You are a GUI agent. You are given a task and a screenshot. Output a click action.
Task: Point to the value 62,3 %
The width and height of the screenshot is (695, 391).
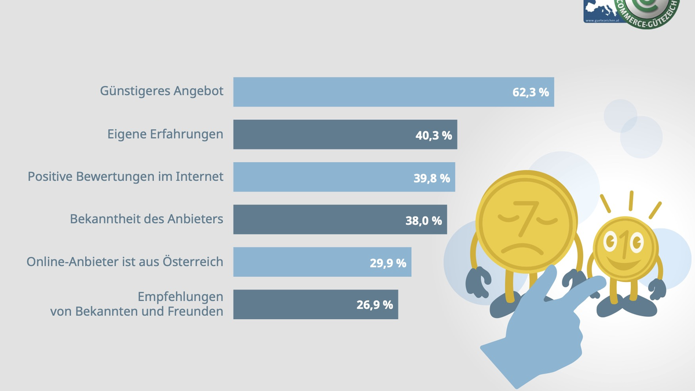[x=531, y=92]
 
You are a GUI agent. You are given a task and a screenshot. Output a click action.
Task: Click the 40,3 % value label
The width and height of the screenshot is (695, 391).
[x=433, y=135]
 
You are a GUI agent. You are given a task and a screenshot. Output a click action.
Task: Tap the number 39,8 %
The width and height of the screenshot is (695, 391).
[x=431, y=178]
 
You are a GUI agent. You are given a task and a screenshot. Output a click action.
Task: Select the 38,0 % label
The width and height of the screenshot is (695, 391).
[x=423, y=220]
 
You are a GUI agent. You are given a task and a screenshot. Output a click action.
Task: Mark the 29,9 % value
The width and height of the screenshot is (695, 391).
[x=387, y=262]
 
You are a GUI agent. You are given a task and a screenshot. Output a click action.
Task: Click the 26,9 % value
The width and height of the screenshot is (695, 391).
[x=374, y=305]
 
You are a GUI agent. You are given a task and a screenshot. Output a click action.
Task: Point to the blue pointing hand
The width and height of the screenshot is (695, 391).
[x=539, y=336]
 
